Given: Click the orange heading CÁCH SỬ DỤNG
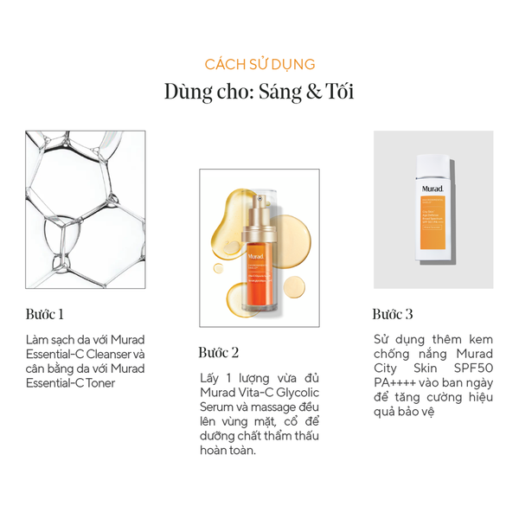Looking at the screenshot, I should (x=259, y=64).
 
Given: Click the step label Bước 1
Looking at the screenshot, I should (x=46, y=313).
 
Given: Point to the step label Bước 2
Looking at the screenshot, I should (x=218, y=352).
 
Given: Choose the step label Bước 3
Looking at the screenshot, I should (x=393, y=313).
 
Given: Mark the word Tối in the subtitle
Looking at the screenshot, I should (x=338, y=93).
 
